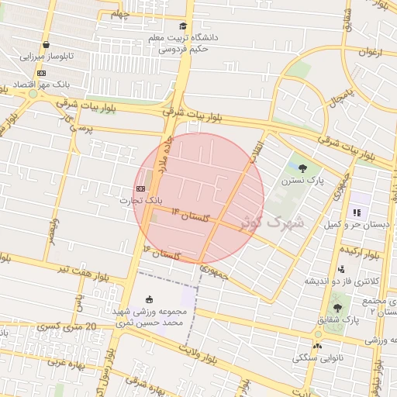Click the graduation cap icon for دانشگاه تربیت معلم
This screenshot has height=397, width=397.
[x=183, y=26]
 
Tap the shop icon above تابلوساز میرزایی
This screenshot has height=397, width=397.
[x=47, y=45]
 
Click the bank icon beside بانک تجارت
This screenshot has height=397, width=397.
[x=140, y=188]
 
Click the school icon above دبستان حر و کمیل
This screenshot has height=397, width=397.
[x=357, y=212]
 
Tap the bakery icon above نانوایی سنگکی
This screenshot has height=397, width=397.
[x=316, y=346]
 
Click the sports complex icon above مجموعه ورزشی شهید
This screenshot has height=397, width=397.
[x=150, y=299]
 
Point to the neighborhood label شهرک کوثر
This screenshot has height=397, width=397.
[x=271, y=223]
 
